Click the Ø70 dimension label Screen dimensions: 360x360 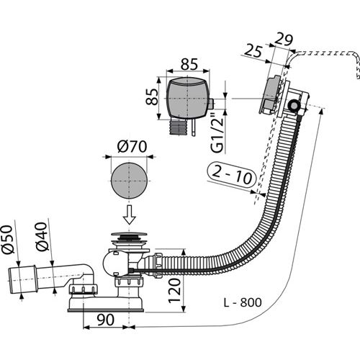point(132,146)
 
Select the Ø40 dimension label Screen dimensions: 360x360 point(41,236)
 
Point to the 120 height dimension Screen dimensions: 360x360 point(175,290)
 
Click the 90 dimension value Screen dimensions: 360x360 point(105,320)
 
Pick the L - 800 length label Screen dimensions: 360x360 point(243,302)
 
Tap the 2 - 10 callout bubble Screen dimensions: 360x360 point(232,175)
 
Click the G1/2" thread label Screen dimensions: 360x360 point(217,135)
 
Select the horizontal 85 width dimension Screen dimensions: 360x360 point(189,64)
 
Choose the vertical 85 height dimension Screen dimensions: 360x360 point(152,96)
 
